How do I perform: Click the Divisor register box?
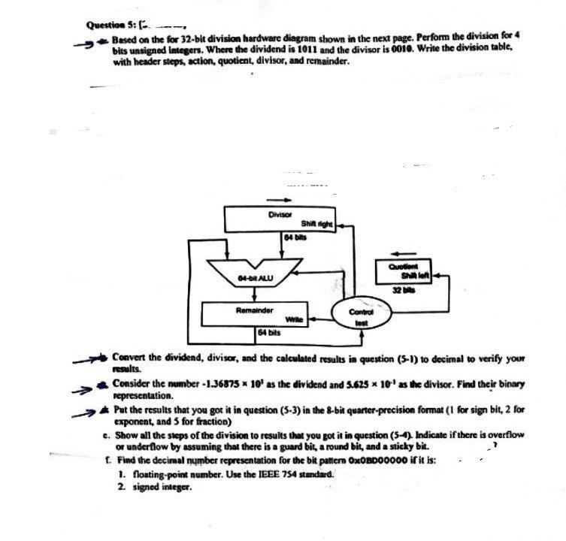point(280,219)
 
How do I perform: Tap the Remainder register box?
point(256,314)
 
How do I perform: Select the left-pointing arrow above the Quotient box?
point(407,252)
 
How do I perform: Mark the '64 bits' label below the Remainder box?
point(268,331)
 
